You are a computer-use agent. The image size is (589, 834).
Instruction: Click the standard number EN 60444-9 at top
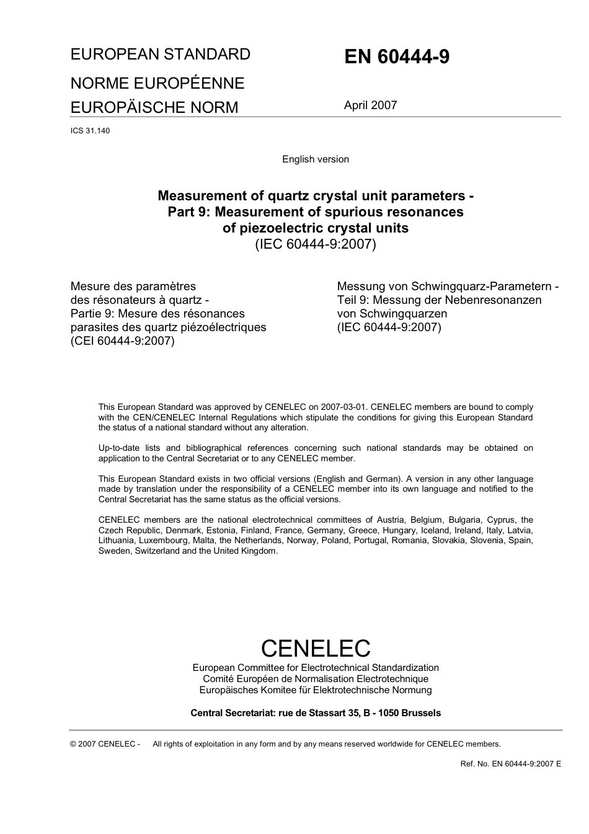[397, 57]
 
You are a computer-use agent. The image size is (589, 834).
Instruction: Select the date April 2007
[370, 105]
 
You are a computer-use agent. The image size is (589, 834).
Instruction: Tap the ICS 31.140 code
[90, 131]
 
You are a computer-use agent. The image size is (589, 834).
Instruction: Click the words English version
[316, 159]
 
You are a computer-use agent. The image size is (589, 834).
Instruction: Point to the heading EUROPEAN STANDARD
[161, 55]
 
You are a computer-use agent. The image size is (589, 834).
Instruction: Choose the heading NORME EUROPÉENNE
[157, 83]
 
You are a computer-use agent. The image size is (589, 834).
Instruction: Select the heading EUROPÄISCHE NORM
[154, 107]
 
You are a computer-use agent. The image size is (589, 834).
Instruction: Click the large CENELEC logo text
[316, 649]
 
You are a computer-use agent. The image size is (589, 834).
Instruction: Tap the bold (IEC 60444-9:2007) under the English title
[316, 244]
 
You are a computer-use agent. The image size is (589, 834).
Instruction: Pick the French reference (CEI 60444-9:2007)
[123, 341]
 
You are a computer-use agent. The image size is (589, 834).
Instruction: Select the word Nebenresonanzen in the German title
[493, 300]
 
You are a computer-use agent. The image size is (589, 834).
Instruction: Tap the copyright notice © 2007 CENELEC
[105, 744]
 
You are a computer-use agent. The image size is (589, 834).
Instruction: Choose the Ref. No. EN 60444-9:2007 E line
[511, 764]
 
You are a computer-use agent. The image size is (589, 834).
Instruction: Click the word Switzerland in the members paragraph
[157, 551]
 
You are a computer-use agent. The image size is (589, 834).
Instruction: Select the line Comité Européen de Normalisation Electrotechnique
[316, 679]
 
